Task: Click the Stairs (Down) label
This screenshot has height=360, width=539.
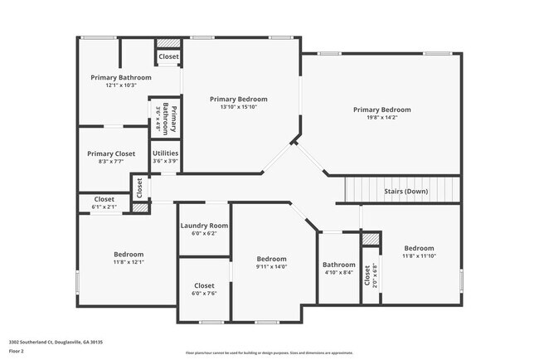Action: [406, 192]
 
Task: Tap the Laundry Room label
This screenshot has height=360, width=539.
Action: [204, 226]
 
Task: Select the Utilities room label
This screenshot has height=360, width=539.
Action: [165, 153]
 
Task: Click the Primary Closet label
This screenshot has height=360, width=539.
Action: [112, 153]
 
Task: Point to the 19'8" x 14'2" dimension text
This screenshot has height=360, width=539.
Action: [381, 117]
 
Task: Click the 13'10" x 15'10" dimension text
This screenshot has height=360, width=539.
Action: [239, 107]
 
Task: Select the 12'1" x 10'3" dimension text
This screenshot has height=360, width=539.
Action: [121, 85]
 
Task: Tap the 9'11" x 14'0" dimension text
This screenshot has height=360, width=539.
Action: [271, 266]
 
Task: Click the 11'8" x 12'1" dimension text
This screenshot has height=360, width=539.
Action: [129, 262]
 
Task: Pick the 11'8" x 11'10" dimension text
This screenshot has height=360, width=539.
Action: [419, 256]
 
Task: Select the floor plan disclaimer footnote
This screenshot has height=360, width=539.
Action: [269, 353]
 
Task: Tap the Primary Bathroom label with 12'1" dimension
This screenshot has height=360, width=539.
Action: [121, 77]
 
